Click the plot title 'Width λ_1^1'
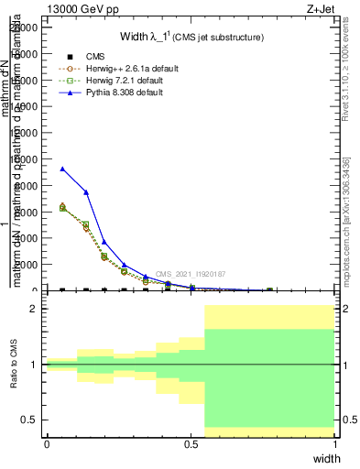(x=191, y=38)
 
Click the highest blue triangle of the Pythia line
(x=62, y=169)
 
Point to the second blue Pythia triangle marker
(x=86, y=192)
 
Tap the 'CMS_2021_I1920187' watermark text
(x=189, y=274)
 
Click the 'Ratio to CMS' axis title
(x=14, y=365)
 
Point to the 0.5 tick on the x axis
(x=191, y=443)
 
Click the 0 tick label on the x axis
(x=47, y=443)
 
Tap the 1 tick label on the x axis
(x=335, y=443)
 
